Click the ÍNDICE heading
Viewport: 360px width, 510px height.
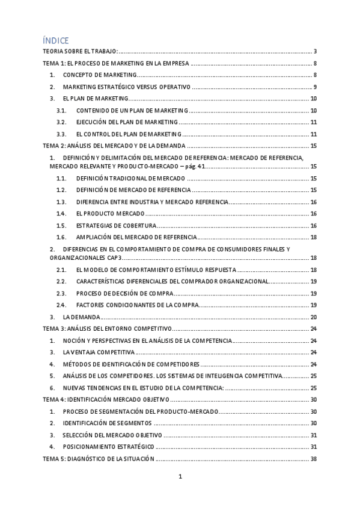point(55,40)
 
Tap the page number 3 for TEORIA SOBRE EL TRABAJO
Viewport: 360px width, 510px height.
point(315,52)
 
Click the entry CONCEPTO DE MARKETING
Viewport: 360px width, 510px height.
point(100,75)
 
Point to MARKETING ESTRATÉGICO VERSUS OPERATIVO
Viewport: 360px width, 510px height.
point(127,87)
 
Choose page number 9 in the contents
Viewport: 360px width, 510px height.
point(315,87)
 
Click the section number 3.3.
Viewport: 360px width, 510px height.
point(61,134)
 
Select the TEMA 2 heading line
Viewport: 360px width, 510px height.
point(114,146)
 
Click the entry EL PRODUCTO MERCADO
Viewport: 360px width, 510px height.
point(110,214)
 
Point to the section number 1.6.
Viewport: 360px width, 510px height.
point(61,237)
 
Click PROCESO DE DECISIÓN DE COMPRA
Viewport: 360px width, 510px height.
point(125,293)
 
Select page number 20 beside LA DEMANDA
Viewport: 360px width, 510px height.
point(314,317)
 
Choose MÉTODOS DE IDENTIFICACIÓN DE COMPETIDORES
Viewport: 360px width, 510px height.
point(131,364)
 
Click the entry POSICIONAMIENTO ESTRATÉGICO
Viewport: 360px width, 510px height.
point(109,446)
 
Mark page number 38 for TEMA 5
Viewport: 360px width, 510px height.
point(314,458)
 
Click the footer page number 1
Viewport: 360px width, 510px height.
point(180,477)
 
